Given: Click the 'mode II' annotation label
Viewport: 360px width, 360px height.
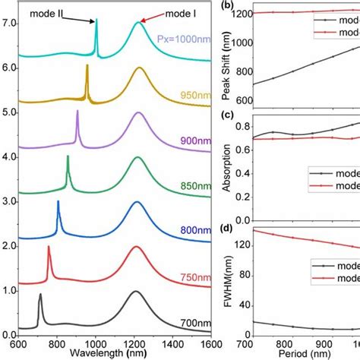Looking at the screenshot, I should [x=55, y=12].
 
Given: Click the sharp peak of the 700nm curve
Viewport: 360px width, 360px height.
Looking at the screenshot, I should [x=40, y=293].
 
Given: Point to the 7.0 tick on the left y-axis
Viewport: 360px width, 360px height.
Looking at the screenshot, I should [x=8, y=24].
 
